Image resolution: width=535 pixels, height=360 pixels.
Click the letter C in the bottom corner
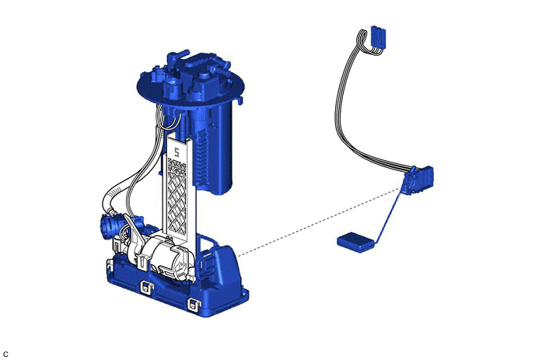coord(5,355)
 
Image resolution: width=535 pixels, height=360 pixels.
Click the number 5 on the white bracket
coord(177,152)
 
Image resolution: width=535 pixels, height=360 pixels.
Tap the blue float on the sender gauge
coord(356,242)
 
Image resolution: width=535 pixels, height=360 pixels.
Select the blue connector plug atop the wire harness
coord(377,37)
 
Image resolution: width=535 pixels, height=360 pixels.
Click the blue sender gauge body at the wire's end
coord(418,180)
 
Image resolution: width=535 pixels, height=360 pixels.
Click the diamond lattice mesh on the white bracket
coord(177,196)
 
